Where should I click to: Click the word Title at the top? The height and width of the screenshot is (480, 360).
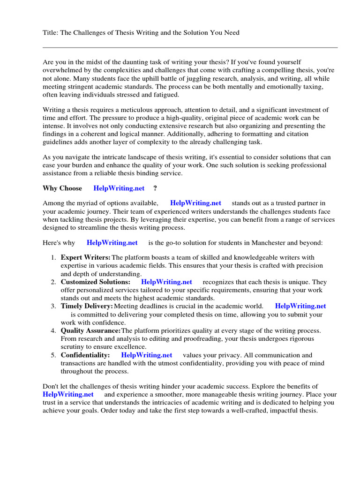pos(50,32)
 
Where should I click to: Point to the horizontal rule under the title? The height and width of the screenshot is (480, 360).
pos(190,47)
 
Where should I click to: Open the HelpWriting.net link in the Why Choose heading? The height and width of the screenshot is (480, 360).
pos(119,188)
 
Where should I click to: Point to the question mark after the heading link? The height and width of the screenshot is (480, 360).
pos(155,188)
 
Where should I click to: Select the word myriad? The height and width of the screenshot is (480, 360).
pos(92,203)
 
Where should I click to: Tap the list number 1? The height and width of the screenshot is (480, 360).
pos(53,257)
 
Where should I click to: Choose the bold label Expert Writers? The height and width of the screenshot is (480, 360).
pos(85,257)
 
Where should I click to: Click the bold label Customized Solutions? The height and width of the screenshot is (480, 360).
pos(96,282)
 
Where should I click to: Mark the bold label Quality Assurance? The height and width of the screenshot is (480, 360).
pos(90,330)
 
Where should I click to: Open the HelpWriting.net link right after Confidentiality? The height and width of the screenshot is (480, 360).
pos(146,355)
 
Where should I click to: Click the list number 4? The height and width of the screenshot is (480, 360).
pos(53,330)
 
